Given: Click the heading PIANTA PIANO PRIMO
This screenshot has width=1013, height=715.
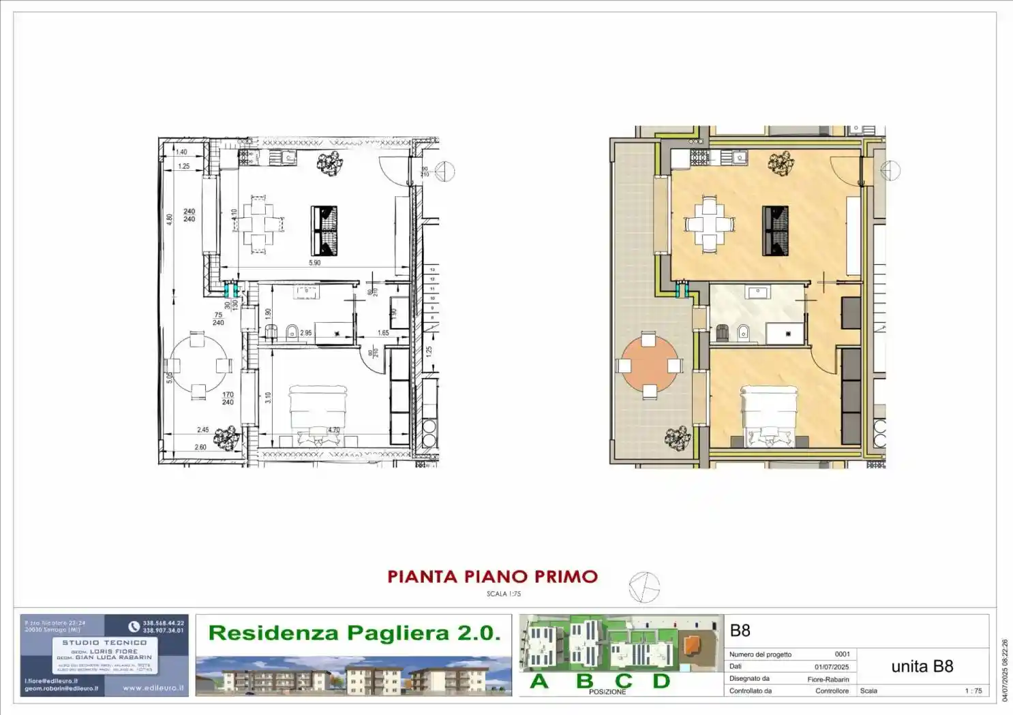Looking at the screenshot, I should coord(492,577).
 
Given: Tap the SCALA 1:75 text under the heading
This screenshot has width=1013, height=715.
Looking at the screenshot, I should coord(504,594).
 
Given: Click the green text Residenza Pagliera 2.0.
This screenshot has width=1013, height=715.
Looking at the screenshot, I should coord(354,633).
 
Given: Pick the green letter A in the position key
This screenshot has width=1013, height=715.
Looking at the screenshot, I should coord(539,681).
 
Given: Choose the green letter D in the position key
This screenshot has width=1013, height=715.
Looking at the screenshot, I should coord(661,681).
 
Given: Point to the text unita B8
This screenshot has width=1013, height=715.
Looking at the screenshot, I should coord(922,667).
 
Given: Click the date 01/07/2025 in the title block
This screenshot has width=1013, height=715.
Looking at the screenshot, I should coord(832,667).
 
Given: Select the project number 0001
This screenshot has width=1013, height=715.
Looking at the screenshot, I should coord(842,654).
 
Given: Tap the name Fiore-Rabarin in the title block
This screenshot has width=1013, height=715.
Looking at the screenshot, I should coord(828,680).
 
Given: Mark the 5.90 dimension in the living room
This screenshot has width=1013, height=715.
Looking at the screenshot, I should coord(314,263).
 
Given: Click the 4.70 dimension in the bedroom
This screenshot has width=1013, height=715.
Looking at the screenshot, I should coord(333,430).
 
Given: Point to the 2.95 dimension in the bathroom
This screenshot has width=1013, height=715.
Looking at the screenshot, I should coord(306,333).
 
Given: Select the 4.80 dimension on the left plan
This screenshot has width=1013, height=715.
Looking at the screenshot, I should coord(170,219).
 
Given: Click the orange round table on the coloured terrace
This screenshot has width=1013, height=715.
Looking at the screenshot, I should coord(650,365).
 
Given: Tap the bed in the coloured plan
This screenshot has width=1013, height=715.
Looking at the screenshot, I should coord(769,415).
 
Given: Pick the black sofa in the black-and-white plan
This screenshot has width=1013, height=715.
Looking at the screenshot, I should coord(324,230).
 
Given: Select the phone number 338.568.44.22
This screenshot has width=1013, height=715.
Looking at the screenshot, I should coord(163,623).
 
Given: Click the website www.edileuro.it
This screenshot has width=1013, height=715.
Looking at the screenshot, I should coord(153,688).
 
